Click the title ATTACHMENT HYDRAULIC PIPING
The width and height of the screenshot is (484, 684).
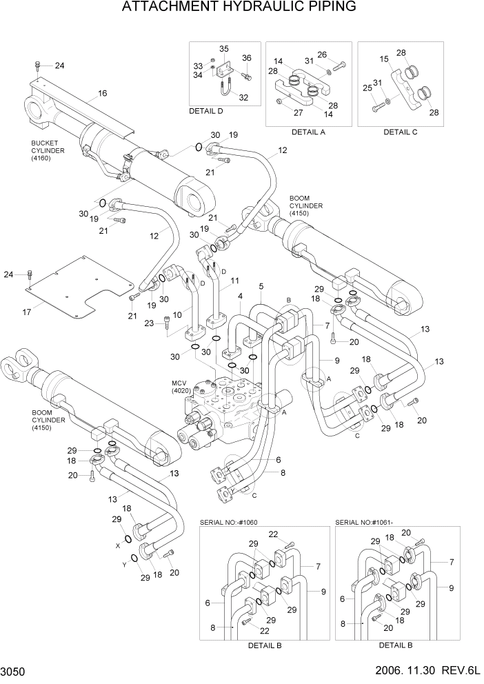(239, 8)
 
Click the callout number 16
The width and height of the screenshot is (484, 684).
(102, 93)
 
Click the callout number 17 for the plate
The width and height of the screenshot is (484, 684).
(27, 312)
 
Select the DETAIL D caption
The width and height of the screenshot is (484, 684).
(206, 111)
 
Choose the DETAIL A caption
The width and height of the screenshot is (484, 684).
(307, 131)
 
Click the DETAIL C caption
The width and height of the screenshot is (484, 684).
(401, 131)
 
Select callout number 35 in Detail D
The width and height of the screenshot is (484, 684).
(223, 49)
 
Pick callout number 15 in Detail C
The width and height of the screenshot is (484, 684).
(384, 60)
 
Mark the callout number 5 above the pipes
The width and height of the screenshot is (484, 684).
(261, 286)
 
